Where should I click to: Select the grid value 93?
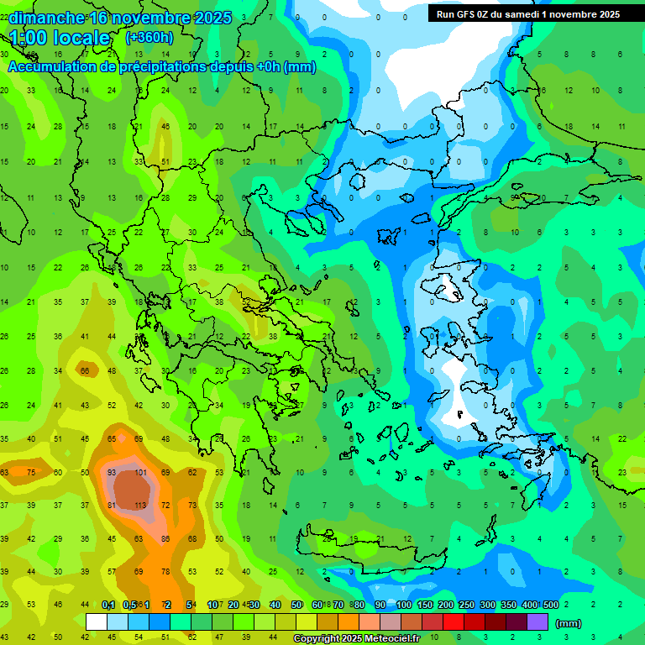112,473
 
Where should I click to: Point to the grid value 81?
112,506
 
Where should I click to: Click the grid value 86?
166,538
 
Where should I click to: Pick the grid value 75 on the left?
31,473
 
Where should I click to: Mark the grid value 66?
85,370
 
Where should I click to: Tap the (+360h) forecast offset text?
149,38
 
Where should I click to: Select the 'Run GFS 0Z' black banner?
528,14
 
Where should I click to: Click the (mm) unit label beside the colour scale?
569,623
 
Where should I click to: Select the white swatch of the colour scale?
97,622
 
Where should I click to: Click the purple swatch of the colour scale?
537,622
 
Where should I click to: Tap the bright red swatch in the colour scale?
454,622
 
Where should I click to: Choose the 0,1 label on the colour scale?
108,606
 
